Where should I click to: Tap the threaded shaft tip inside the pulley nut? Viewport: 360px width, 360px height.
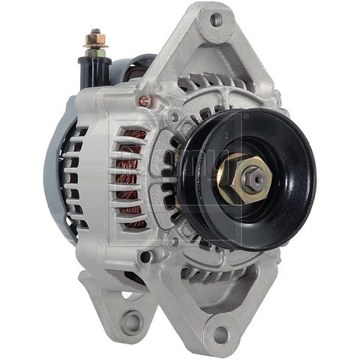pyautogui.click(x=256, y=178)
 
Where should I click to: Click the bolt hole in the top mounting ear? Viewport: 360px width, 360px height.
pyautogui.click(x=216, y=20)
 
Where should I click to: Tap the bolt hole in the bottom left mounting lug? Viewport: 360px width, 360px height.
pyautogui.click(x=132, y=322)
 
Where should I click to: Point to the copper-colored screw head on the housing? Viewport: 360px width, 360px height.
pyautogui.click(x=144, y=101)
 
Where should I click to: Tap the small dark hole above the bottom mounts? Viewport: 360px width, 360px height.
pyautogui.click(x=144, y=256)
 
